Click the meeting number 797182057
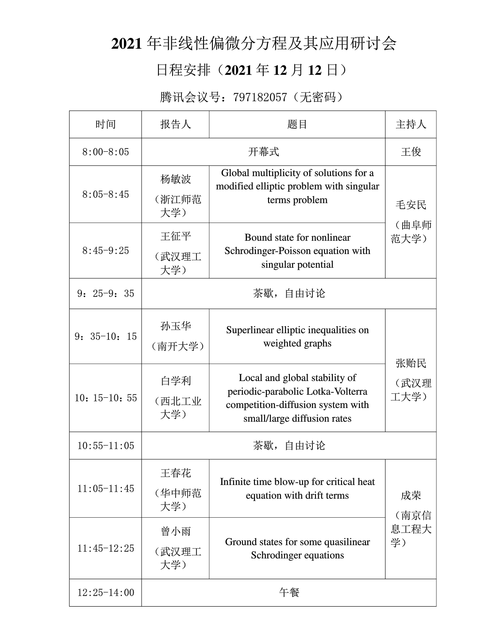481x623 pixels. click(260, 97)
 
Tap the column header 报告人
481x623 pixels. click(175, 124)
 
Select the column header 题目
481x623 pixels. click(297, 124)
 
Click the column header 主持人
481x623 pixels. click(411, 124)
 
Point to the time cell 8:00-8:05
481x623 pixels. click(105, 152)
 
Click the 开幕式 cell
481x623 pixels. click(263, 152)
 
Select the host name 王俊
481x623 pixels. click(411, 152)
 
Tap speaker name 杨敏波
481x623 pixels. click(175, 179)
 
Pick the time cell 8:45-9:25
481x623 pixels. click(105, 251)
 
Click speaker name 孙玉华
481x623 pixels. click(175, 326)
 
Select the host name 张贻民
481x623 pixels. click(411, 363)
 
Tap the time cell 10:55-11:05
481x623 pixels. click(105, 446)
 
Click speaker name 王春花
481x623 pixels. click(175, 473)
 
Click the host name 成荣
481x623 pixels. click(411, 496)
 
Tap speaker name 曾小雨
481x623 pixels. click(175, 531)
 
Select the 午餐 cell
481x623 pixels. click(289, 592)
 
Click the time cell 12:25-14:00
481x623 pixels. click(105, 592)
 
